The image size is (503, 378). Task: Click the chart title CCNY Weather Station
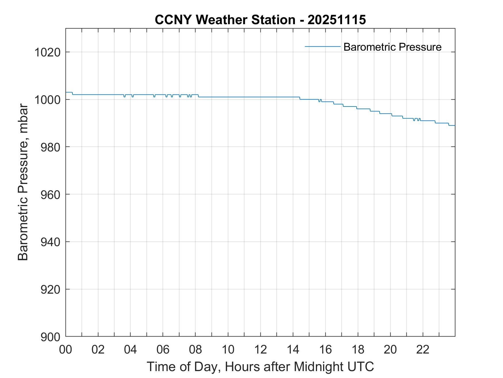click(225, 20)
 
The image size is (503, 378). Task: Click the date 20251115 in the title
click(337, 20)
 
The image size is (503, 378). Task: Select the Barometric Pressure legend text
click(392, 47)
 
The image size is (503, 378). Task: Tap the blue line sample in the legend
click(322, 46)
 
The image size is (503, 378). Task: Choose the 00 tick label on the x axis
click(66, 349)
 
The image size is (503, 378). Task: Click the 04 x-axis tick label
click(130, 349)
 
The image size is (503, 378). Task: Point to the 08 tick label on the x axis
click(195, 349)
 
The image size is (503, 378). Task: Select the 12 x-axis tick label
click(260, 349)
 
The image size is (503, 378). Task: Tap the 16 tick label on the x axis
click(325, 349)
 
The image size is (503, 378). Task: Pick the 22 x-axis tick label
click(423, 349)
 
